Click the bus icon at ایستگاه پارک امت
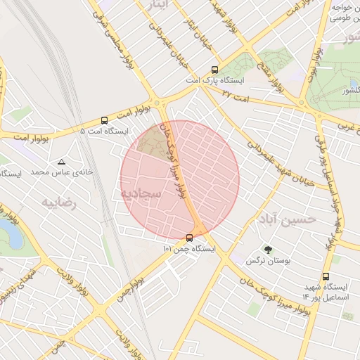pyautogui.click(x=214, y=70)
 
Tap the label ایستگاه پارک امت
pyautogui.click(x=214, y=82)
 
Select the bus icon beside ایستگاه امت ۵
pyautogui.click(x=104, y=120)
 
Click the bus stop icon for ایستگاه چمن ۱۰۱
pyautogui.click(x=189, y=238)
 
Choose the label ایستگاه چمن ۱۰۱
pyautogui.click(x=189, y=249)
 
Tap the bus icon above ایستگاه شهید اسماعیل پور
pyautogui.click(x=325, y=277)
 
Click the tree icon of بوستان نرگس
pyautogui.click(x=267, y=250)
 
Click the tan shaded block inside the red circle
pyautogui.click(x=150, y=143)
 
